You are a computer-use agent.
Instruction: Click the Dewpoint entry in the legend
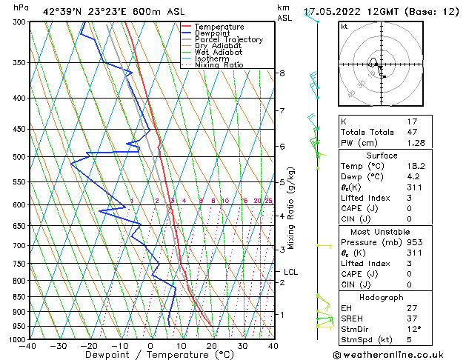click(212, 33)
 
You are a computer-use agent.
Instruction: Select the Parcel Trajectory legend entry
click(228, 40)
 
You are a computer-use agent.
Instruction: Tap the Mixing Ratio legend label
click(219, 65)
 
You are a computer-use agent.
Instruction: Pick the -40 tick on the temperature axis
click(30, 346)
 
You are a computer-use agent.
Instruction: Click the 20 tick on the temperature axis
click(212, 346)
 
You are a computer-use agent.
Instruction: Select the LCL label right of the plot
click(290, 272)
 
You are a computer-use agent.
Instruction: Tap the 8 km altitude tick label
click(282, 73)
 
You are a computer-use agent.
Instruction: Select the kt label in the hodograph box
click(344, 27)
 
